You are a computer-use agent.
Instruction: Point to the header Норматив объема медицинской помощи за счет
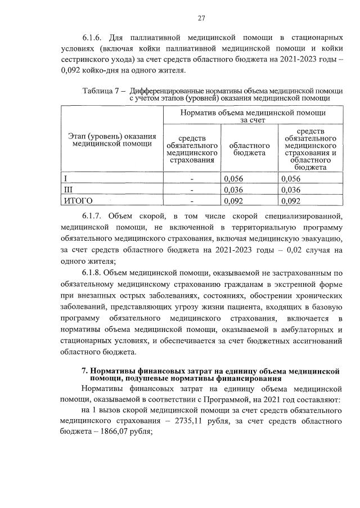(x=253, y=116)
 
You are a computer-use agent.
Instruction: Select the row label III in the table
(x=67, y=190)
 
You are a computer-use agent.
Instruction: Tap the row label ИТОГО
(x=78, y=200)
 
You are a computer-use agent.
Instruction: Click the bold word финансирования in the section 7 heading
(x=251, y=379)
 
